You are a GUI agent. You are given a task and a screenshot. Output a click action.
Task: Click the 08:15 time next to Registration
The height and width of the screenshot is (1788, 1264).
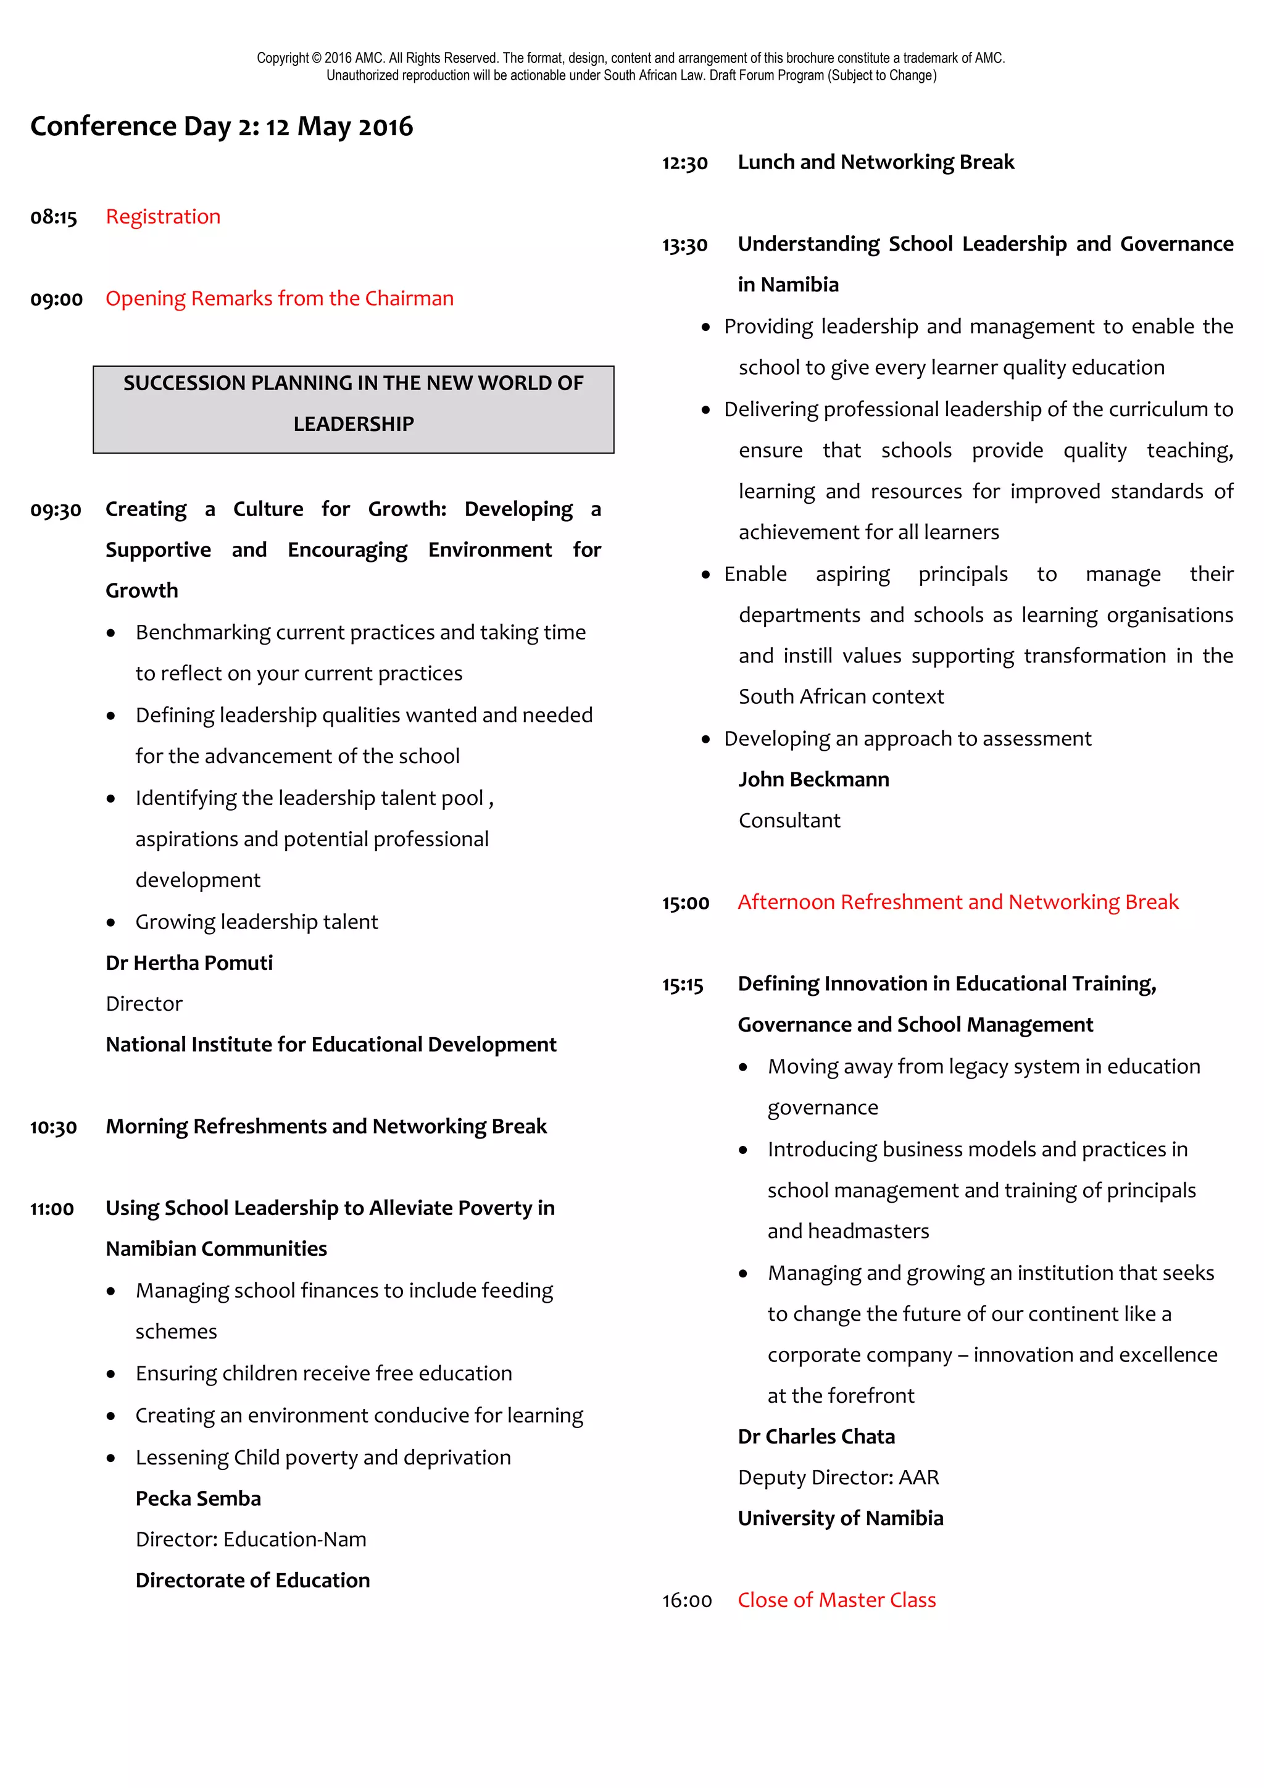click(54, 217)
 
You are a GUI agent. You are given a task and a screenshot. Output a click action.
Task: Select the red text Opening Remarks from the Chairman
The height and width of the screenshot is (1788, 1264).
click(280, 298)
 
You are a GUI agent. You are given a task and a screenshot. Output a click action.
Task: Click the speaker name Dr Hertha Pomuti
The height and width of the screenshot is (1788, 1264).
click(189, 963)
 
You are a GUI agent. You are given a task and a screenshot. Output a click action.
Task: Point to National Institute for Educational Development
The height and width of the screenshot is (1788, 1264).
click(331, 1045)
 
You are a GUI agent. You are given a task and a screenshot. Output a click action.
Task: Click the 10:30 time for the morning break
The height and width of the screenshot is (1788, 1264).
click(54, 1127)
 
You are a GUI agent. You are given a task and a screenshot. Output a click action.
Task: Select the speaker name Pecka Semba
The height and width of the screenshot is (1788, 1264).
click(197, 1499)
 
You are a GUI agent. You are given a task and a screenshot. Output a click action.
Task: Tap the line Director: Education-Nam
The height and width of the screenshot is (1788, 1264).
click(251, 1540)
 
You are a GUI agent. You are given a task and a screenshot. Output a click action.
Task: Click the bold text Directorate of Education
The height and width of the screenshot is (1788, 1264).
click(252, 1581)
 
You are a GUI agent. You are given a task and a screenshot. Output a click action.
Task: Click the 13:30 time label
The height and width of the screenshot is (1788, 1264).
click(685, 245)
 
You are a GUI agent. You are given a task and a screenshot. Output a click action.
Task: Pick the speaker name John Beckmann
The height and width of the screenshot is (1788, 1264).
click(813, 780)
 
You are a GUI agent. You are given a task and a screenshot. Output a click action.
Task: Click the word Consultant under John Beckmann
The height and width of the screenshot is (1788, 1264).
click(789, 821)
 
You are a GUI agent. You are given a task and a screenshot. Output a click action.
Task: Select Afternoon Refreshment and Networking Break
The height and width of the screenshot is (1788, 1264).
click(958, 902)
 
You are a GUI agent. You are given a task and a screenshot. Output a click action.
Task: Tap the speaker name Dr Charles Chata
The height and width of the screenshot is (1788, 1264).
click(817, 1437)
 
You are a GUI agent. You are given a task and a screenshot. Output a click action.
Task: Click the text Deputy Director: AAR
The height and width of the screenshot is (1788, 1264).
click(838, 1478)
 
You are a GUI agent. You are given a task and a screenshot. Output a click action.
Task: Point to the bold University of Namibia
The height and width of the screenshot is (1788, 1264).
click(841, 1519)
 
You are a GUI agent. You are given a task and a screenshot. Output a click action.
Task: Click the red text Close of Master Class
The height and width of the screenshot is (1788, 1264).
click(837, 1600)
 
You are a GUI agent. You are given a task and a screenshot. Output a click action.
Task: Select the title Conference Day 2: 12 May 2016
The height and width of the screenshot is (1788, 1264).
click(222, 126)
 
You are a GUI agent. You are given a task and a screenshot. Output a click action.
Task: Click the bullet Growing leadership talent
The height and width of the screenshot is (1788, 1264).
click(256, 922)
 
